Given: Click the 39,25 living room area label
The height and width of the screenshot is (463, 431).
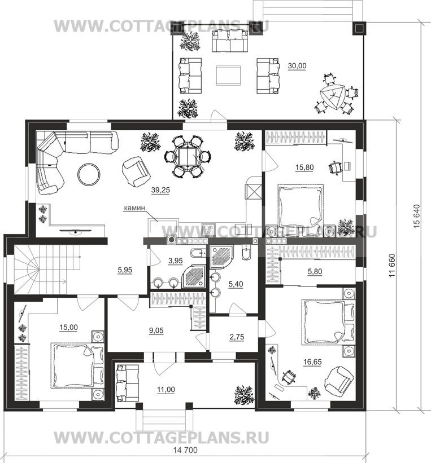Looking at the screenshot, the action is [160, 190].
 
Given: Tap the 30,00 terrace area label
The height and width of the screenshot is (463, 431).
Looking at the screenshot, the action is [297, 66].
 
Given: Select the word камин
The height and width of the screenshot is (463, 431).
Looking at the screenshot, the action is [134, 208].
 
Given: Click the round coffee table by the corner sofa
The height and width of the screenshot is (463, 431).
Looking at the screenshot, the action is [89, 175].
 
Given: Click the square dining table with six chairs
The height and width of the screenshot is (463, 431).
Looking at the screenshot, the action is [188, 157].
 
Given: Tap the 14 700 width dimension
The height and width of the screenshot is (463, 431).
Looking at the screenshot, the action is [185, 450].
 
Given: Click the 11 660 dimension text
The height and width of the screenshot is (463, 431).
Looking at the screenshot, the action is [392, 265].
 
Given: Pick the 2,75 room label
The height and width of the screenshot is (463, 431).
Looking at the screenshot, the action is [237, 337].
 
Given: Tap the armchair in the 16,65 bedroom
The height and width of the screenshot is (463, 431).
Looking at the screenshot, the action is [339, 380].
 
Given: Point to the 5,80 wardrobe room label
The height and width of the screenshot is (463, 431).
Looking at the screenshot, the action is [315, 271].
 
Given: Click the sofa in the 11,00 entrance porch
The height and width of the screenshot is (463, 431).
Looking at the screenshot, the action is [128, 382].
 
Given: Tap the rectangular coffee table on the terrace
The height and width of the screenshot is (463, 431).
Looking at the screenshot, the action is [228, 76].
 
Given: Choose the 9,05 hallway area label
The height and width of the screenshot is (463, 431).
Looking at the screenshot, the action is [156, 330].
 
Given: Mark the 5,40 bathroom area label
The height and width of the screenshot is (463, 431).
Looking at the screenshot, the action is [236, 284].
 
